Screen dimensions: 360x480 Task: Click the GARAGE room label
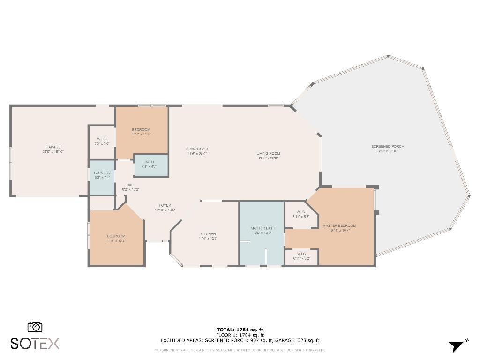click(x=53, y=147)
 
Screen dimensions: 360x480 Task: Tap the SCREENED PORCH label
click(x=388, y=147)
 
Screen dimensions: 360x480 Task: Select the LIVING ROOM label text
click(x=268, y=153)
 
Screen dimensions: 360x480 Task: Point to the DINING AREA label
click(x=197, y=149)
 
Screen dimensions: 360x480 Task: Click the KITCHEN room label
click(x=208, y=233)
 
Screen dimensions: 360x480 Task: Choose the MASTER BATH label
click(x=263, y=228)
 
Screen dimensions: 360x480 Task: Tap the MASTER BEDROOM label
click(x=339, y=225)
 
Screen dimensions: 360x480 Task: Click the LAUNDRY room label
click(x=102, y=173)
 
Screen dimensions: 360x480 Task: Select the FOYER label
click(x=165, y=205)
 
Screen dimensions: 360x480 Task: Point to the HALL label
click(x=131, y=185)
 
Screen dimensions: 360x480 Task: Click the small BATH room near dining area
click(x=149, y=162)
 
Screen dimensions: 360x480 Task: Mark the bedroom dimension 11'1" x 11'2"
click(x=141, y=135)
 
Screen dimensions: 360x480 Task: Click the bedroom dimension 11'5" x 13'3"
click(x=116, y=240)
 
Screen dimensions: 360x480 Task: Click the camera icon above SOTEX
click(x=35, y=327)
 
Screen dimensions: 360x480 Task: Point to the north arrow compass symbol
click(x=457, y=346)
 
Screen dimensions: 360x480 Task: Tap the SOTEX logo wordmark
click(x=35, y=343)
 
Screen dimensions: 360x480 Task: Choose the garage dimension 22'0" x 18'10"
click(x=53, y=151)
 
